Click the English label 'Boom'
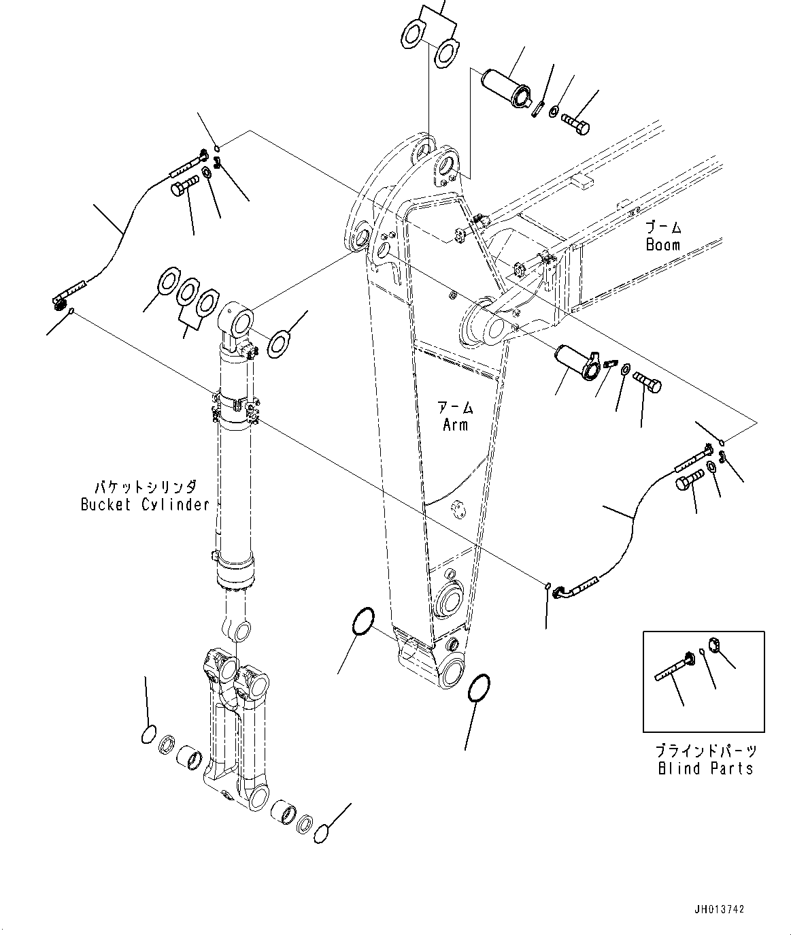point(662,245)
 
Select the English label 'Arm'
point(455,425)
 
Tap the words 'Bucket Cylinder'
point(145,505)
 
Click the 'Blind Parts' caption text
point(705,768)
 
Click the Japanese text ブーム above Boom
point(664,227)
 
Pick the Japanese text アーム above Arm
point(456,408)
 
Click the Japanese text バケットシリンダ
point(145,487)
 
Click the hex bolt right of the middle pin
point(647,382)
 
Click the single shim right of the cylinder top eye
point(280,344)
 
